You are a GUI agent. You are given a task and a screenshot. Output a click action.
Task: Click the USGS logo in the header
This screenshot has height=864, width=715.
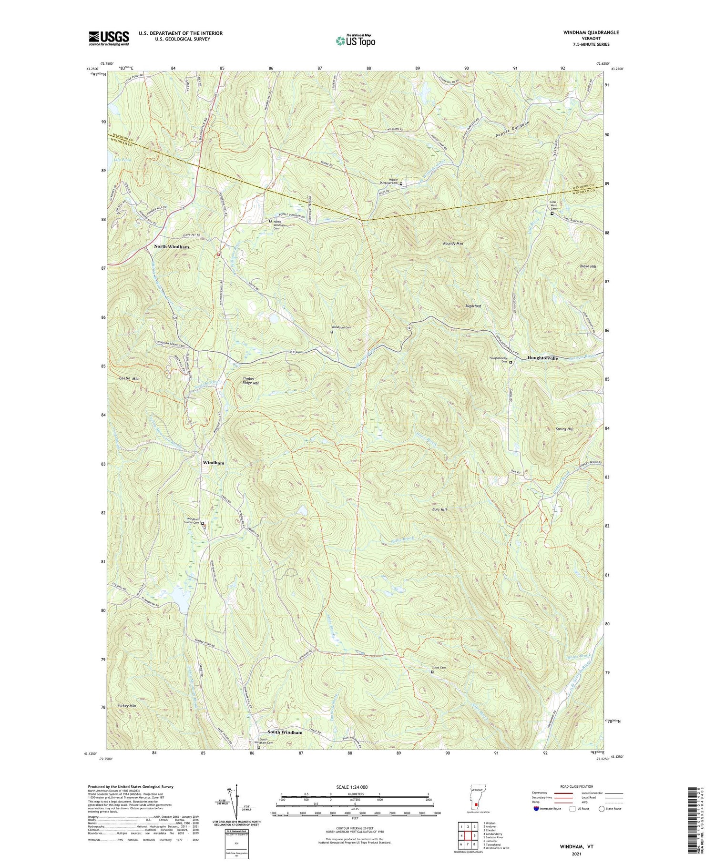point(109,38)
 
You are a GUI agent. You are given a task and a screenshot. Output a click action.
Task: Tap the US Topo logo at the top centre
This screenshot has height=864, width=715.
point(355,41)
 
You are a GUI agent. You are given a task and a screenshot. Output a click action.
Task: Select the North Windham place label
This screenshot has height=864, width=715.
point(171,247)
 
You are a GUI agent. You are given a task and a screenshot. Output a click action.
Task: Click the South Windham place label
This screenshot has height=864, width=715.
point(285,732)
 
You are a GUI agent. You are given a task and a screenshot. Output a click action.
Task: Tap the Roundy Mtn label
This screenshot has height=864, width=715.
point(453,244)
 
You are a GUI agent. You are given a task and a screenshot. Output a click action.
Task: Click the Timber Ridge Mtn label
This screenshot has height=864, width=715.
point(248,380)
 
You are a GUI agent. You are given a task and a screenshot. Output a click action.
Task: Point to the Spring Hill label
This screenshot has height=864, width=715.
point(564,429)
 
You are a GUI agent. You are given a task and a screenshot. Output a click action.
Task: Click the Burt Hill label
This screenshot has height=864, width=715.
point(438,509)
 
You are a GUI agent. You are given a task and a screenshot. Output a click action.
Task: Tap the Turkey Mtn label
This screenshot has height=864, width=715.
point(126,705)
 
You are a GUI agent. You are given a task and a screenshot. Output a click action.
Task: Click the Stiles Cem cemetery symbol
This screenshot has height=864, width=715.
point(432,672)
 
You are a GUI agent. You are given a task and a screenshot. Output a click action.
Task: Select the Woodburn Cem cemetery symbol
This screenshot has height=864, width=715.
point(332,332)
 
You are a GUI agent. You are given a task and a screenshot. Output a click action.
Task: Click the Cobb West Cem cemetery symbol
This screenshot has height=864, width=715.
point(552,213)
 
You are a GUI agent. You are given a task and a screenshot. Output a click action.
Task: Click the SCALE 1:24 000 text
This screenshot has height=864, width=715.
point(355,787)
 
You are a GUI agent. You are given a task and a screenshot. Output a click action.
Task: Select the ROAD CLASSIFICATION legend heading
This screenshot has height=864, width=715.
point(577,786)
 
